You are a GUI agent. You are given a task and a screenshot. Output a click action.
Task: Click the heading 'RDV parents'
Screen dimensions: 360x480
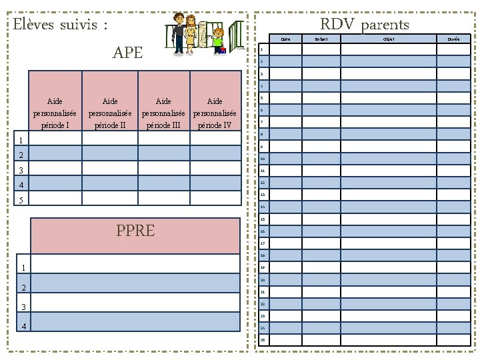tap(365, 25)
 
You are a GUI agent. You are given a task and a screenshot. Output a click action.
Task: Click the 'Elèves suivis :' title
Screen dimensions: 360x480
tap(61, 26)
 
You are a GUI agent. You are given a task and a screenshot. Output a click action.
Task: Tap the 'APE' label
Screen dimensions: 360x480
tap(127, 53)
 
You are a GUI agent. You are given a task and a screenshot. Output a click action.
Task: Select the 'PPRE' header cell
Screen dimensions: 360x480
tap(135, 231)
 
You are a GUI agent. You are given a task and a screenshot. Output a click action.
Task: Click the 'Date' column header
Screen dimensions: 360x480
tap(285, 39)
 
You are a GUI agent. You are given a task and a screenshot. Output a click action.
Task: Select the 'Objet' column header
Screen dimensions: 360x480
tap(389, 39)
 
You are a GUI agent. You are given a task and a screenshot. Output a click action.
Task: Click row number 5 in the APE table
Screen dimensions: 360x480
tap(21, 200)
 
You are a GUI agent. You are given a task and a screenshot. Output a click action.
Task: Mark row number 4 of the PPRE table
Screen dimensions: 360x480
tap(24, 326)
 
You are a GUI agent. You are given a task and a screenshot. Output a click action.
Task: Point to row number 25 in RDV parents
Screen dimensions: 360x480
tap(263, 340)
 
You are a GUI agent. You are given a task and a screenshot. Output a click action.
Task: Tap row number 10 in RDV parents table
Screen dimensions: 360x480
tap(263, 159)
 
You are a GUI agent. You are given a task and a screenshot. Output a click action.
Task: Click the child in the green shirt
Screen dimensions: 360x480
tap(218, 39)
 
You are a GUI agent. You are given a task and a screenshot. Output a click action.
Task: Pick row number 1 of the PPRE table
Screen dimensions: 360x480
tap(24, 268)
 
